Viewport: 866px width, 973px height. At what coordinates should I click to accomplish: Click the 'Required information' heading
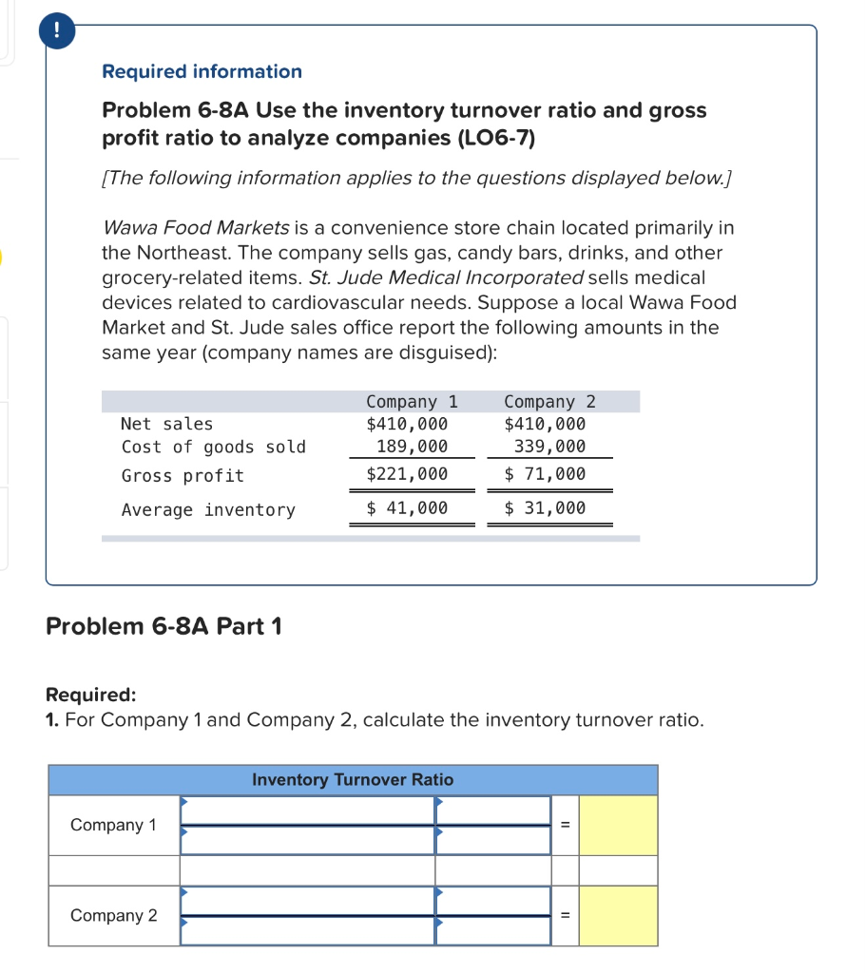tap(202, 71)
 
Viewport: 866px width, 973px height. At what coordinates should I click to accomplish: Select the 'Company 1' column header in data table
tap(412, 402)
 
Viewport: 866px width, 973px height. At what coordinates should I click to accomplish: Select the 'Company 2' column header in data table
tap(549, 402)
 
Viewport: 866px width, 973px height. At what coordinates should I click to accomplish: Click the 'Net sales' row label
tap(167, 424)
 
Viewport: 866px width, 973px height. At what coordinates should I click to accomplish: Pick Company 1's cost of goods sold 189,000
tap(412, 447)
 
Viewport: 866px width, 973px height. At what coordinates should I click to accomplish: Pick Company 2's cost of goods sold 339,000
tap(549, 447)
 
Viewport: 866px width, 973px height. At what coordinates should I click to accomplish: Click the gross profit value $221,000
tap(407, 474)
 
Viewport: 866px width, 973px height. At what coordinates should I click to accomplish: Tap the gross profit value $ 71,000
tap(545, 474)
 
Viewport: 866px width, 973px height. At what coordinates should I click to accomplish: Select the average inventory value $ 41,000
tap(407, 508)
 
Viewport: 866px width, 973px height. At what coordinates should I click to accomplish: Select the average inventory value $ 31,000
tap(545, 508)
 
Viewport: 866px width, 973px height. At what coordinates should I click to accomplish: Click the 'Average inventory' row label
tap(208, 510)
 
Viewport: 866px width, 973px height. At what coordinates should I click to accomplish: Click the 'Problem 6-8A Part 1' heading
tap(164, 627)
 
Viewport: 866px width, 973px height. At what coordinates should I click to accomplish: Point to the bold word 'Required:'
tap(91, 695)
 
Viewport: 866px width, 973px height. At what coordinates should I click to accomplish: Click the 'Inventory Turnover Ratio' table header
tap(353, 780)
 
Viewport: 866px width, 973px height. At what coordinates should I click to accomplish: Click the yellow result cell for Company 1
tap(618, 825)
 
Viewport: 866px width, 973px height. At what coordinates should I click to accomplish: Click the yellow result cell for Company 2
tap(618, 915)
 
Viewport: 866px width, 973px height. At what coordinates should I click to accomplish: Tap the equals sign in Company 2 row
tap(565, 916)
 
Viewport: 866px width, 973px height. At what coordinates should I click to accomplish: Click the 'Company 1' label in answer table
tap(114, 825)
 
